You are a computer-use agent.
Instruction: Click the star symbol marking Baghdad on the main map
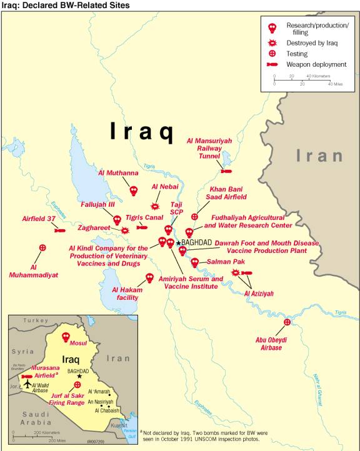(x=178, y=242)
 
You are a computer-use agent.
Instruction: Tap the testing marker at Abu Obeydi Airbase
(x=287, y=322)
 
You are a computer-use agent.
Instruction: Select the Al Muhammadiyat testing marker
(x=42, y=248)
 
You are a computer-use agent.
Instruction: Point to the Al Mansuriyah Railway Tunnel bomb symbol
(x=226, y=170)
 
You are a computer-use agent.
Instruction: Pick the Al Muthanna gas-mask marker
(x=133, y=190)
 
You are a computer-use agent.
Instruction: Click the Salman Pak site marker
(x=194, y=262)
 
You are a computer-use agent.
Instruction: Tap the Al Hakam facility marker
(x=149, y=277)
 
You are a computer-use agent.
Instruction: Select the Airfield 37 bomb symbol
(x=59, y=230)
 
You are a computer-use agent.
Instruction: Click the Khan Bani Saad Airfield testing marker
(x=194, y=217)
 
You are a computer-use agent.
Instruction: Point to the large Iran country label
(x=319, y=156)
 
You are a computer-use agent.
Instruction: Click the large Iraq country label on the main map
(x=141, y=131)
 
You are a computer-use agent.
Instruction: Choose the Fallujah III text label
(x=97, y=204)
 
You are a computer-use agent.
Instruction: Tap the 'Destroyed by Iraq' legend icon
(x=272, y=42)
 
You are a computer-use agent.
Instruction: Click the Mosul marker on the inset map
(x=66, y=337)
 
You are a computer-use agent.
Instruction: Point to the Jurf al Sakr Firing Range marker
(x=77, y=385)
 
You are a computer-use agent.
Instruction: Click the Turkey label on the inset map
(x=36, y=320)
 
